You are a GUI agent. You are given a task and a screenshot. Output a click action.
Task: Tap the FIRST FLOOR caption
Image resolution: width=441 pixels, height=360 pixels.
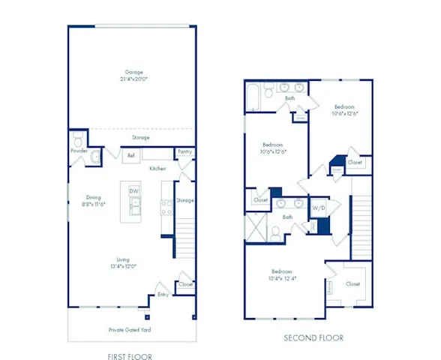click(x=132, y=357)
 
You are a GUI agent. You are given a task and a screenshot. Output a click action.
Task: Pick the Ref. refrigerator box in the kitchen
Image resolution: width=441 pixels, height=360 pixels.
click(x=130, y=155)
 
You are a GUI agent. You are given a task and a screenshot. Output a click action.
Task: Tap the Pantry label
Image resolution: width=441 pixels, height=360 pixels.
click(x=184, y=151)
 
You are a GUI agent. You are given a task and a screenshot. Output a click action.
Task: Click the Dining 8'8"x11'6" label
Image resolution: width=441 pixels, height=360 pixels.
click(x=94, y=201)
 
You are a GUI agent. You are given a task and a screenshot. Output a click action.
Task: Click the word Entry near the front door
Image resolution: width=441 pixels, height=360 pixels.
click(x=162, y=295)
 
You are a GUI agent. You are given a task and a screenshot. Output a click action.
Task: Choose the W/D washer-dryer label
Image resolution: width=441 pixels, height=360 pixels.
click(x=319, y=207)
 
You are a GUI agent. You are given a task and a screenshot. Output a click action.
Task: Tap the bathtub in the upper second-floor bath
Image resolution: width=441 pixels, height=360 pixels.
click(x=253, y=98)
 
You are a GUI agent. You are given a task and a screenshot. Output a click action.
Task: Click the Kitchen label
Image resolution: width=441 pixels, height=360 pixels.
click(x=157, y=169)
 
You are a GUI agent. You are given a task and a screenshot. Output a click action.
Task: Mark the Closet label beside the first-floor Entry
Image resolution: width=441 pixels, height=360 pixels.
click(x=185, y=284)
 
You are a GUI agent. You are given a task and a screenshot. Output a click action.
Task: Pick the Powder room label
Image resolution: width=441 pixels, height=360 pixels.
click(x=79, y=151)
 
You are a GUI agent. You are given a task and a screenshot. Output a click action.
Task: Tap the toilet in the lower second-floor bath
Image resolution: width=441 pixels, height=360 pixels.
click(x=276, y=235)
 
